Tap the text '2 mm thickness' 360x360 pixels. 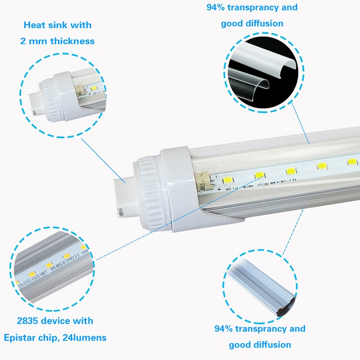pos(57,41)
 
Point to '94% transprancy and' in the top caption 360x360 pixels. pos(252,8)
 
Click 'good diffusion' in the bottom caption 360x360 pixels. pos(260,345)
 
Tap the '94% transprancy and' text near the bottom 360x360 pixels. pos(260,329)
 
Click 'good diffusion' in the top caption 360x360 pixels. pos(252,23)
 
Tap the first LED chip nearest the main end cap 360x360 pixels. pos(259,175)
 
